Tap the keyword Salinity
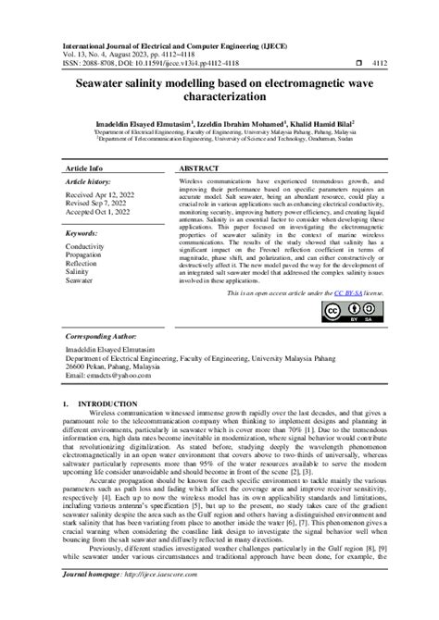(80, 273)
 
